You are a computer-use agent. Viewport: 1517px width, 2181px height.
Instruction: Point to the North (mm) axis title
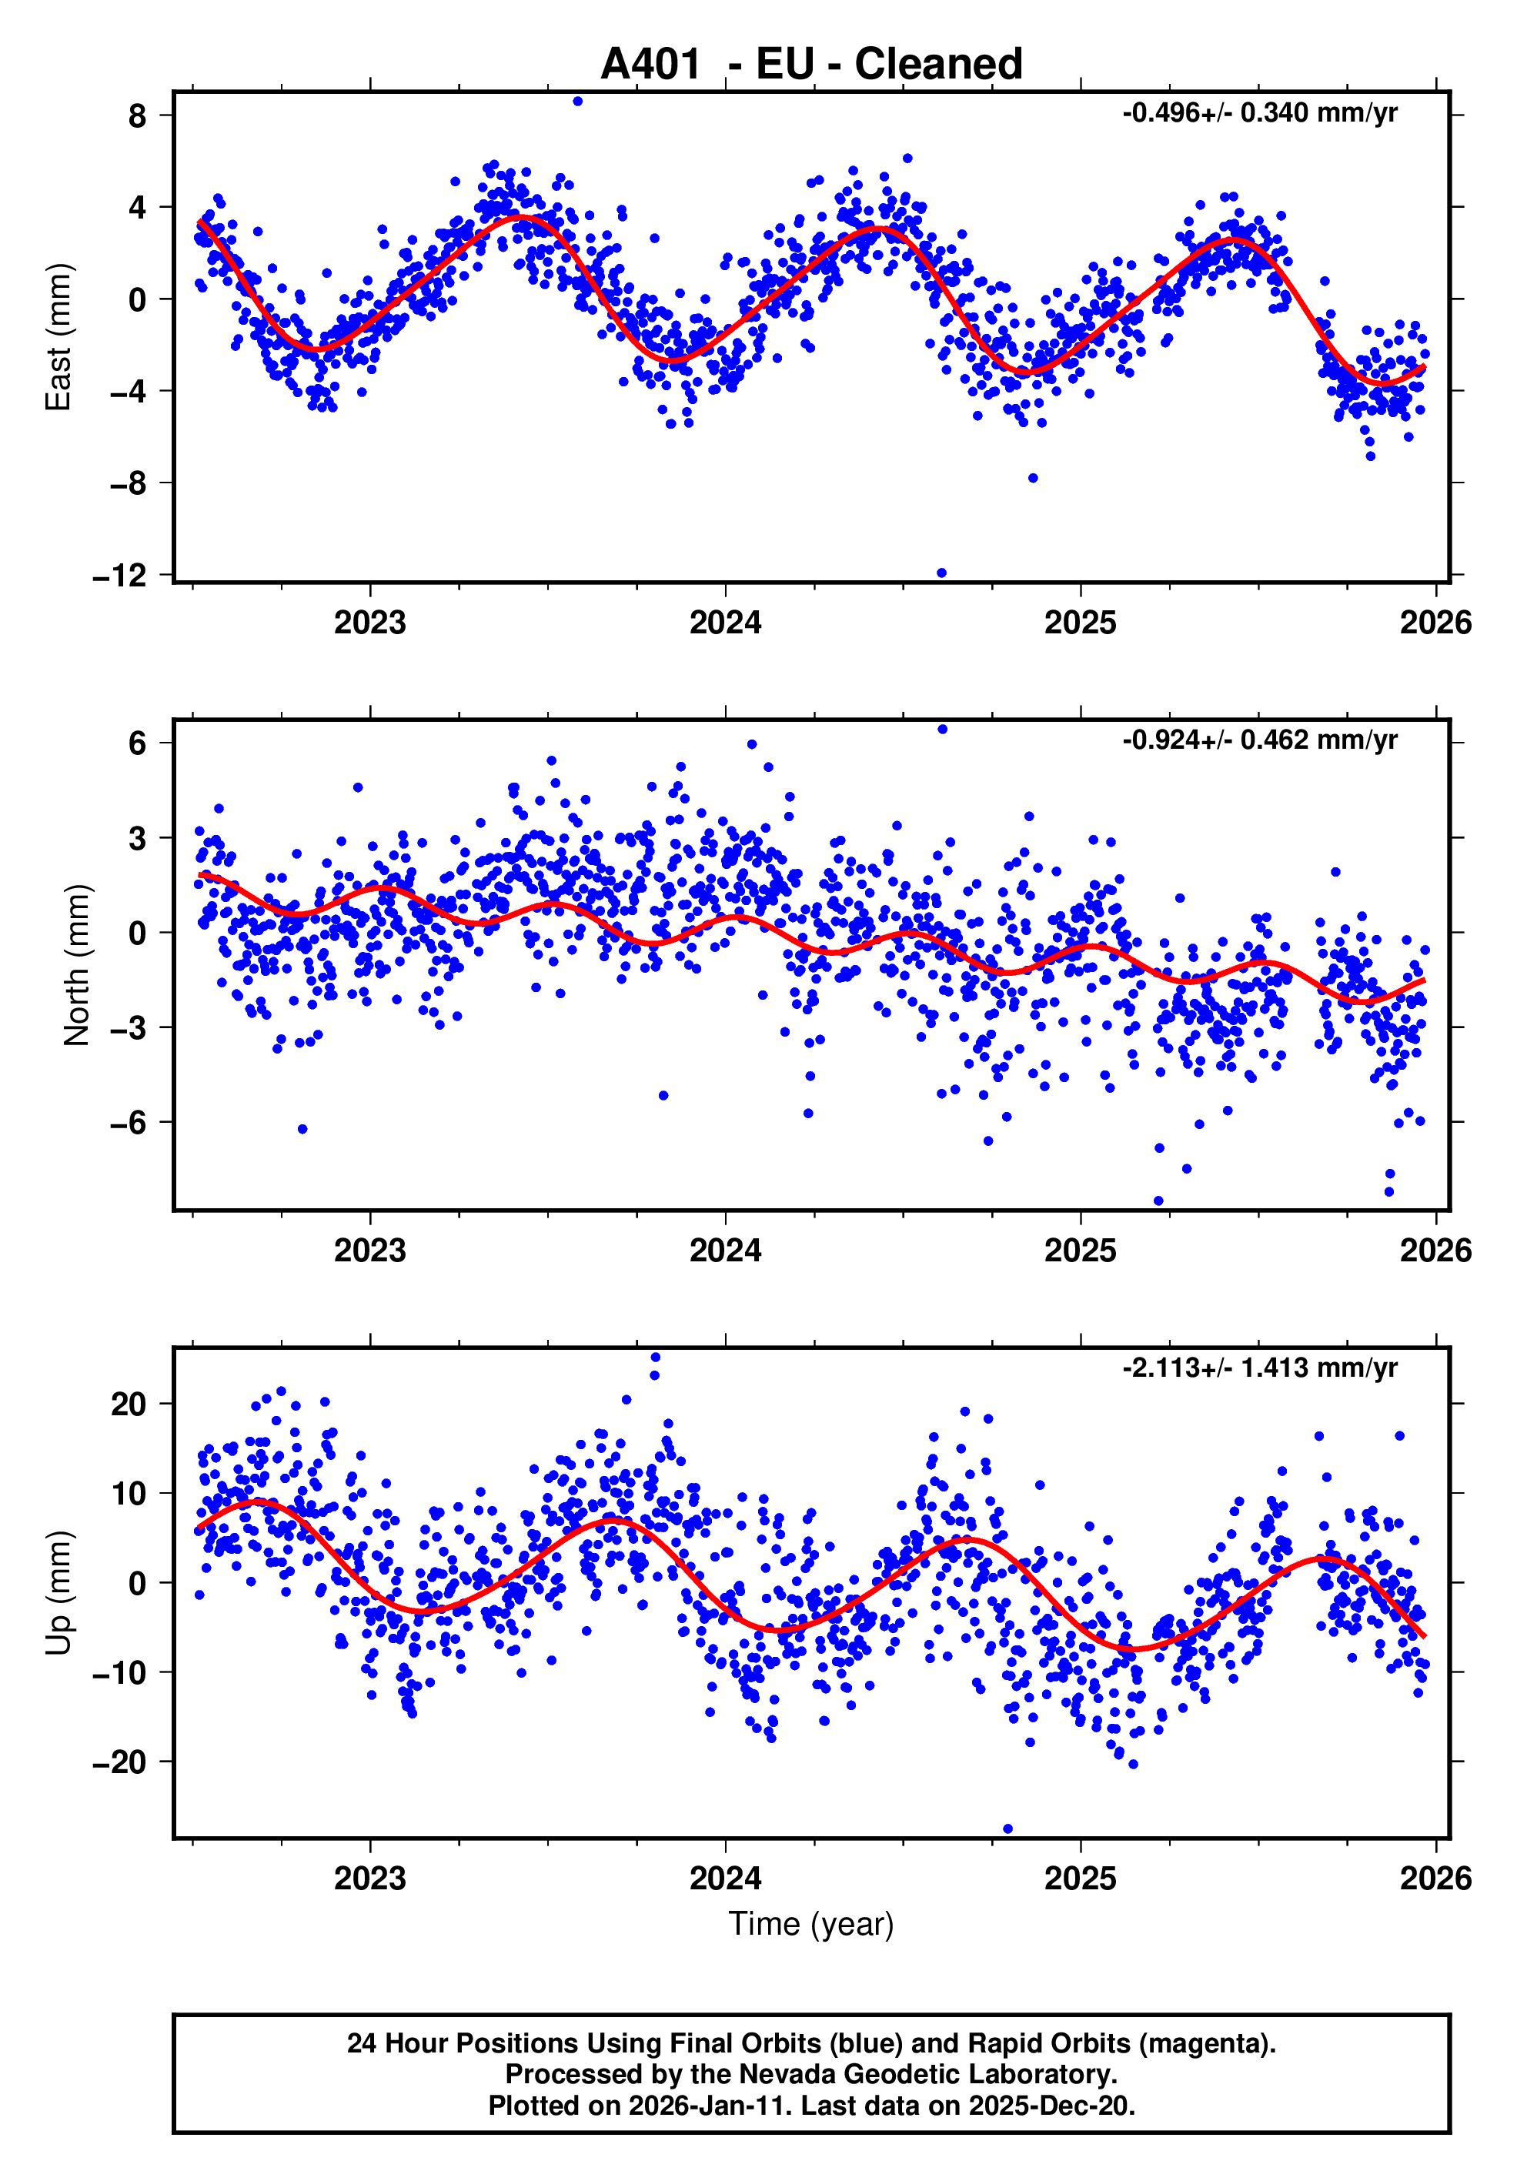(x=76, y=965)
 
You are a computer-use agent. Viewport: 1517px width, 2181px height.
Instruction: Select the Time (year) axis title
(x=810, y=1922)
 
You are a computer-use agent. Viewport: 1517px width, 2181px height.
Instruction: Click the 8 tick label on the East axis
(x=138, y=116)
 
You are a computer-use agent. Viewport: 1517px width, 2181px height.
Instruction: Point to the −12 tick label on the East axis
(x=121, y=576)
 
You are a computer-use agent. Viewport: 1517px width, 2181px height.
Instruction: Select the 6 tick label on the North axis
(x=138, y=743)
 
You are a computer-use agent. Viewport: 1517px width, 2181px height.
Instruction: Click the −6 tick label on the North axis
(x=129, y=1123)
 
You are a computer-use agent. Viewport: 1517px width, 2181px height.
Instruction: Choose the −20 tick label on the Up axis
(x=121, y=1762)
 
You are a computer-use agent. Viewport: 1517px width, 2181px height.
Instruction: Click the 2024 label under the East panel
(x=725, y=623)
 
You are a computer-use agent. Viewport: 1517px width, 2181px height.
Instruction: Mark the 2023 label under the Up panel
(x=369, y=1879)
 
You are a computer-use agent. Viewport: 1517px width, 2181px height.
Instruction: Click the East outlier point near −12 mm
(x=941, y=573)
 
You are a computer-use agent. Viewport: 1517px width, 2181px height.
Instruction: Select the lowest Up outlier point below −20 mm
(x=1007, y=1829)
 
